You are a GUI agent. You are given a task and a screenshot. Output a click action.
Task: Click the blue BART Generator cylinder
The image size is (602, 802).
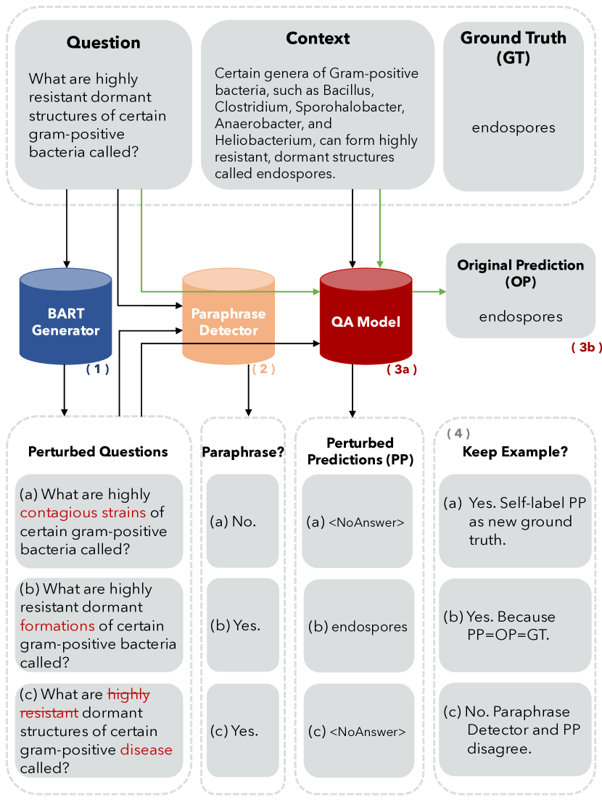[65, 319]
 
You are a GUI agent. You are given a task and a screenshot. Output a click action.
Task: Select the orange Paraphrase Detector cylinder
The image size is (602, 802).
[228, 319]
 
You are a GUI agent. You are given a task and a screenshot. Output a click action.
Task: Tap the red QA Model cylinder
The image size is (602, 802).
[366, 319]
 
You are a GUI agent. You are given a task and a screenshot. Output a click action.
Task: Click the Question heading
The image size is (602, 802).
[103, 42]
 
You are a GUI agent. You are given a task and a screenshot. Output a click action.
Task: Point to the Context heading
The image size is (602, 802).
[318, 38]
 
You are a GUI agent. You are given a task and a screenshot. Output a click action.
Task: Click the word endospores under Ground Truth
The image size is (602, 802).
[514, 128]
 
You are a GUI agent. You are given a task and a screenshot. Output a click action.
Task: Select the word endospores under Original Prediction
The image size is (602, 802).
[521, 317]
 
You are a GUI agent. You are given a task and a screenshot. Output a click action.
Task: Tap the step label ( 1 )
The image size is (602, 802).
[97, 369]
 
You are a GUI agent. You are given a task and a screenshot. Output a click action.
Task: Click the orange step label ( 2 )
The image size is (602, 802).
[263, 369]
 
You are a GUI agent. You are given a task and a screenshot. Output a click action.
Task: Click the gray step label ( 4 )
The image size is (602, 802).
[458, 433]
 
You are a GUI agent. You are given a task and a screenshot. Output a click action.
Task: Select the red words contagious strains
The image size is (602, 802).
[83, 513]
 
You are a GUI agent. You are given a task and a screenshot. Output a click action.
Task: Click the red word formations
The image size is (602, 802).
[57, 625]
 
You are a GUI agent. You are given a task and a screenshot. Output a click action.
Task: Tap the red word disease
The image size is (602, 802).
[147, 749]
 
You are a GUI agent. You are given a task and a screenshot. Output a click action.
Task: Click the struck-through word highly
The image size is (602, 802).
[128, 694]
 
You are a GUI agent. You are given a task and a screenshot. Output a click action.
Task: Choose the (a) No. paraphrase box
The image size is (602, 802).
[242, 520]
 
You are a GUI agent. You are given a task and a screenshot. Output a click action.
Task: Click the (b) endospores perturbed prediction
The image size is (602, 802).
[358, 627]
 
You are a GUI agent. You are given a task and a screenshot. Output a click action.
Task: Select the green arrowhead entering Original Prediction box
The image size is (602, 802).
[442, 291]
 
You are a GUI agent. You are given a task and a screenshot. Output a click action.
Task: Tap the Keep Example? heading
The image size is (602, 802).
[515, 451]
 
